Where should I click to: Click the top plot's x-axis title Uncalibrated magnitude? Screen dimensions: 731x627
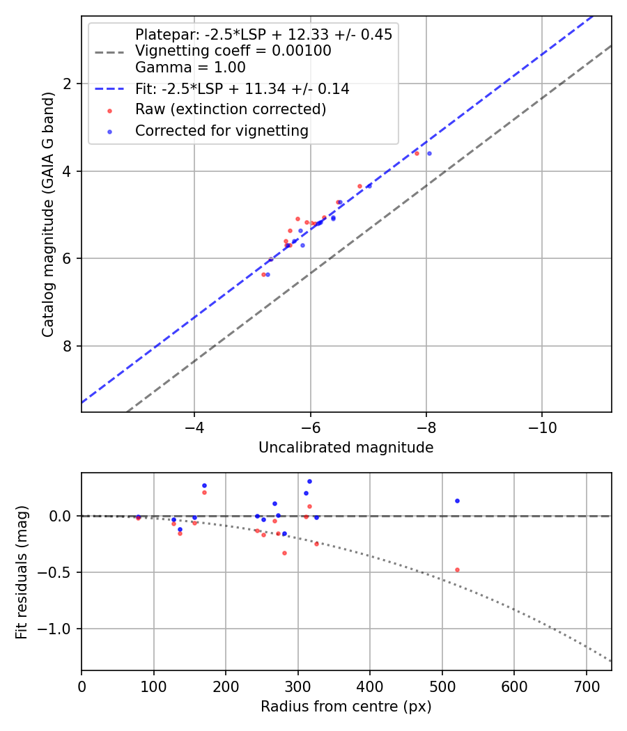point(346,448)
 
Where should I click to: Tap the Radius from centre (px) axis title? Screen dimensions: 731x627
point(346,707)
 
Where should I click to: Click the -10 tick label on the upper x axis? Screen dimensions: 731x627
point(542,427)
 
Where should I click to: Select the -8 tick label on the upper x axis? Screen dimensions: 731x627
point(426,427)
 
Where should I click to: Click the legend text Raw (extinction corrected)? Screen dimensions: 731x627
point(230,109)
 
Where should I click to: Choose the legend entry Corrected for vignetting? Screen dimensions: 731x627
point(222,130)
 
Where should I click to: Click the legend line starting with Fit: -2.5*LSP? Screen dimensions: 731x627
point(242,89)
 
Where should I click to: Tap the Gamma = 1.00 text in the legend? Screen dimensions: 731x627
point(190,68)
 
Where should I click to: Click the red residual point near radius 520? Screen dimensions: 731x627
point(457,569)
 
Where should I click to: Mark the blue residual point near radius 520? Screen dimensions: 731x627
point(457,501)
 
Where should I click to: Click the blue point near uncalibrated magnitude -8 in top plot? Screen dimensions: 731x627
point(429,153)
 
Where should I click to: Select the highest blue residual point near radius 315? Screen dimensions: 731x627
point(309,481)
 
